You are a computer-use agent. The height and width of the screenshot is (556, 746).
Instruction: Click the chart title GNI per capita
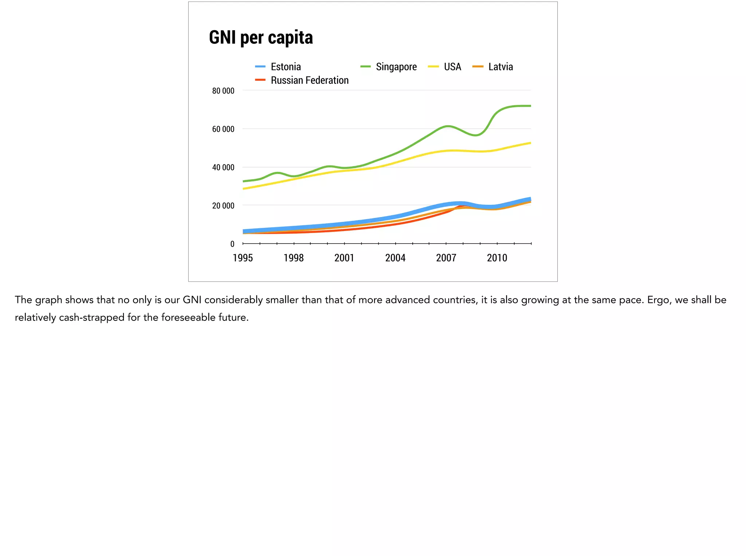point(261,38)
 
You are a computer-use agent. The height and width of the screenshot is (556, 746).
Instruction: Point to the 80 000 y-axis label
point(223,91)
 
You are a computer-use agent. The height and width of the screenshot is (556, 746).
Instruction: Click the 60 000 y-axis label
point(223,129)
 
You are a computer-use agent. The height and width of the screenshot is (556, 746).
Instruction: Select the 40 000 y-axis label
point(223,167)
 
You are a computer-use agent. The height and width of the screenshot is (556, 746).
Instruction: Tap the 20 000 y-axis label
point(223,206)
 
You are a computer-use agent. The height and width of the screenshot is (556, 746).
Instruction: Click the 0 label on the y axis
point(232,244)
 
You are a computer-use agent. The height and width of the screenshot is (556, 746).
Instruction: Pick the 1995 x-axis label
point(243,258)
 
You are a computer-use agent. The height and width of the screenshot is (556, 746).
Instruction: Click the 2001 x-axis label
point(344,258)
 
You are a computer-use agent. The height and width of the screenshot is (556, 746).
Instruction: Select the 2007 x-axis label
point(446,258)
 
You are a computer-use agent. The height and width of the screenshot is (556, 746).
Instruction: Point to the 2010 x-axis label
point(497,258)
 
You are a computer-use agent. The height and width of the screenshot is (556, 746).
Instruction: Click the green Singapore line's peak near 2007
point(448,126)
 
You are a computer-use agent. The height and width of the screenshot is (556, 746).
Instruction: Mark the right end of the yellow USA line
point(530,143)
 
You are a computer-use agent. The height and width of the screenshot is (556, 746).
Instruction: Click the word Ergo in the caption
point(658,300)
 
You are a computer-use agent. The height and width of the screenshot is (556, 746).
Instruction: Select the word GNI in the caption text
point(192,300)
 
